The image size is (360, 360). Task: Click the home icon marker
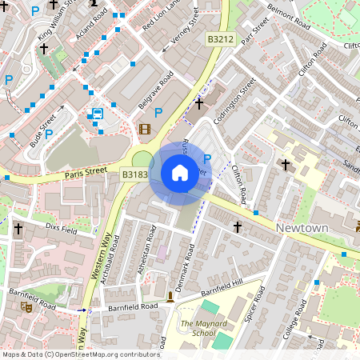[x=179, y=172]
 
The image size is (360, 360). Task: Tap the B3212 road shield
[x=220, y=39]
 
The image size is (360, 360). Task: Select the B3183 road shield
[x=134, y=174]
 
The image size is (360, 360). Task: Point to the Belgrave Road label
[x=155, y=90]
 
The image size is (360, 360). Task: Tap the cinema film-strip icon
[x=144, y=128]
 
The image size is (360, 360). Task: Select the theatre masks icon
[x=26, y=306]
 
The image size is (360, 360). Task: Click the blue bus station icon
[x=97, y=114]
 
